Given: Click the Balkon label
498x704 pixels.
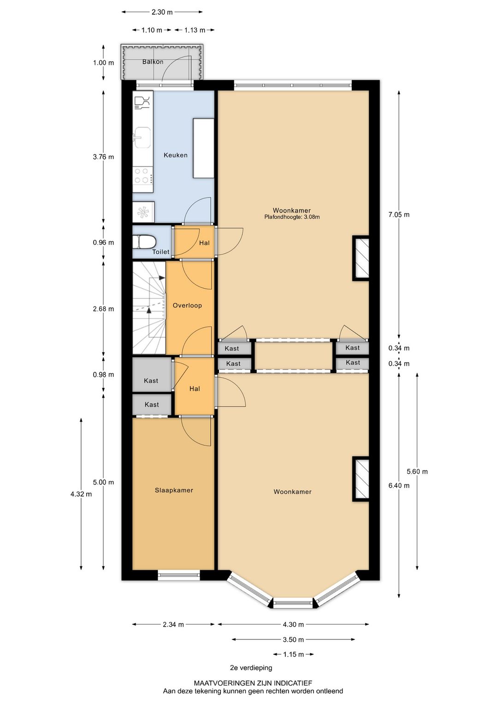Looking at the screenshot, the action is pyautogui.click(x=153, y=62).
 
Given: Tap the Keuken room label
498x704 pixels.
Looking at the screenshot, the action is pyautogui.click(x=175, y=155).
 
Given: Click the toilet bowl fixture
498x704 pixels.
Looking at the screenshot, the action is pyautogui.click(x=144, y=242).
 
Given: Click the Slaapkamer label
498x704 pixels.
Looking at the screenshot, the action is pyautogui.click(x=174, y=490).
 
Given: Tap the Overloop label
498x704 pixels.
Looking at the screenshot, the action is pyautogui.click(x=187, y=305).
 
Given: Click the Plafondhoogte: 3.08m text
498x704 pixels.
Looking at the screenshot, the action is pyautogui.click(x=292, y=217).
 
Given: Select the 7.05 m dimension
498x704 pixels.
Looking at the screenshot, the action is pyautogui.click(x=399, y=215).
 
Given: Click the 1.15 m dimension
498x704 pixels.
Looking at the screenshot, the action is pyautogui.click(x=293, y=654).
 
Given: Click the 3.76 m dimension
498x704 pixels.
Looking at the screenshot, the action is pyautogui.click(x=103, y=157).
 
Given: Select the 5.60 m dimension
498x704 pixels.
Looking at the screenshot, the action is pyautogui.click(x=417, y=471).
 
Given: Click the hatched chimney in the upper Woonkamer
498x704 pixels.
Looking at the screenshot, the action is pyautogui.click(x=361, y=258).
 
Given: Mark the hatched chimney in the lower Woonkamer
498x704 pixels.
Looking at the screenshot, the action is pyautogui.click(x=361, y=479).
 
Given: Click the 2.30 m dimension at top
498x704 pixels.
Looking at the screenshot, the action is pyautogui.click(x=162, y=12).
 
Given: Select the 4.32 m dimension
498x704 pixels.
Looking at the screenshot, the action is pyautogui.click(x=81, y=494).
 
